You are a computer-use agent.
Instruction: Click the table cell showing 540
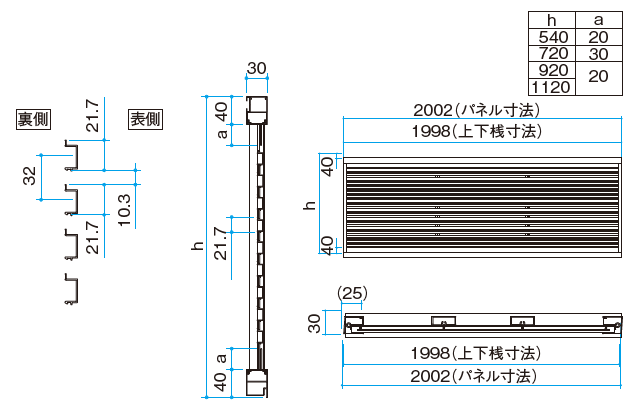pos(552,37)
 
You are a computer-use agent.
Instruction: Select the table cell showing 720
pos(552,54)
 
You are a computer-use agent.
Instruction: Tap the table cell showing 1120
pos(552,87)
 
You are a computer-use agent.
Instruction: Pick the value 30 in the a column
pos(599,54)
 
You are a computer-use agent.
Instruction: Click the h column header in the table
pos(552,20)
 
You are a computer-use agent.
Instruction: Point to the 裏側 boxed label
pos(33,119)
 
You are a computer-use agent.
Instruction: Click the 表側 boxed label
pos(146,119)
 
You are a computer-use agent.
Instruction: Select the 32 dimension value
pos(30,176)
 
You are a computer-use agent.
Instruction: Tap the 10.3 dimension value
pos(124,210)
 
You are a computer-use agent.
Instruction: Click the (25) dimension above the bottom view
pos(352,293)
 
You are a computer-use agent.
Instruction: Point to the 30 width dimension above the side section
pos(257,68)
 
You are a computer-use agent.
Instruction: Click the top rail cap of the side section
pos(257,110)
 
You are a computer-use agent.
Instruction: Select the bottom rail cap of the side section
pos(257,383)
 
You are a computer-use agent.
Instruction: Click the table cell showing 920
pos(552,70)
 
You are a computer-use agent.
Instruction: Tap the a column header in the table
pos(599,20)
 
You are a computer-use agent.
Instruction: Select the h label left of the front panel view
pos(309,205)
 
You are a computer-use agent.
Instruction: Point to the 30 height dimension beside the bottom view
pos(315,323)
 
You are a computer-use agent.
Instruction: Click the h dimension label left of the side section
pos(198,246)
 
